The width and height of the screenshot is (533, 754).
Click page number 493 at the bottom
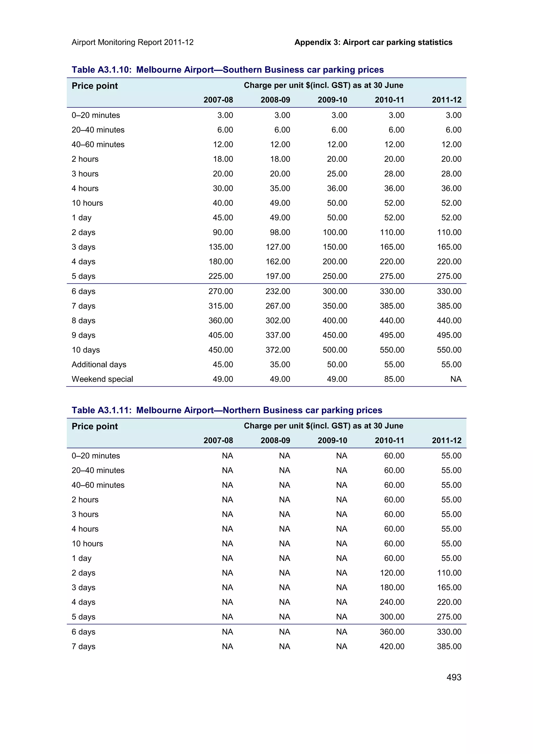454,677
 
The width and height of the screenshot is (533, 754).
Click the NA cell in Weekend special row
455,379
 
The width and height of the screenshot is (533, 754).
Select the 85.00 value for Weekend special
394,379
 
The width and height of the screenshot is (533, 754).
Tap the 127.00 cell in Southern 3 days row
278,247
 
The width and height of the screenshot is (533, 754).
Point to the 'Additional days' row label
99,365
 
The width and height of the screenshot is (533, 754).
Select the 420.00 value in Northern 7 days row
392,646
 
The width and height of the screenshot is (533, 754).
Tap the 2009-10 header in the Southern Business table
332,100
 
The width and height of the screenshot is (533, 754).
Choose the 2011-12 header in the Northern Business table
446,440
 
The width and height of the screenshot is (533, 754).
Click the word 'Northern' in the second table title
242,411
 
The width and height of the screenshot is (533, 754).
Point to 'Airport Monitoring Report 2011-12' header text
132,42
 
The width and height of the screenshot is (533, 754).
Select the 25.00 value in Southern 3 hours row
337,174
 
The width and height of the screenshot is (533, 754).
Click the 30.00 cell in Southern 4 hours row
223,188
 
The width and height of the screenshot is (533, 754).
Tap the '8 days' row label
84,321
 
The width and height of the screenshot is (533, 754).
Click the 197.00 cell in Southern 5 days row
278,276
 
